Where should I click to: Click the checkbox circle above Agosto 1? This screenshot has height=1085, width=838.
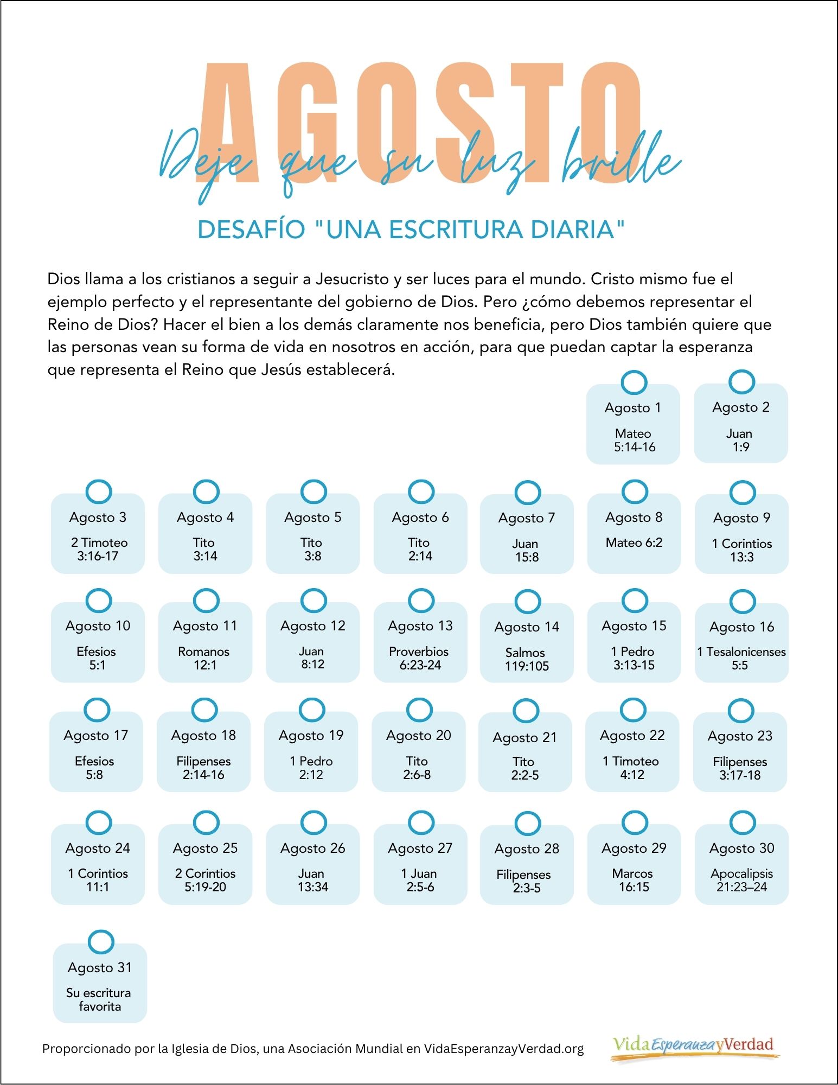pos(634,382)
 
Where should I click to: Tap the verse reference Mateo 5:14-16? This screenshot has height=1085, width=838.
pos(634,441)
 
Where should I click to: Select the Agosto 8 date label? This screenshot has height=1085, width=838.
pos(634,518)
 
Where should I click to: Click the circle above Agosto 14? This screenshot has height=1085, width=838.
pos(527,602)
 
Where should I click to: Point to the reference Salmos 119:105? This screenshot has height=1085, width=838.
pos(526,659)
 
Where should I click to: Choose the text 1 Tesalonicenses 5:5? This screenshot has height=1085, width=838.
pos(741,659)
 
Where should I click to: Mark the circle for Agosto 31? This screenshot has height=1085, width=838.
pos(100,942)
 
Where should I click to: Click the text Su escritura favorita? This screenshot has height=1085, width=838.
pos(99,999)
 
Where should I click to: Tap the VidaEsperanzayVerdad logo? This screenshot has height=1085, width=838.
pos(694,1046)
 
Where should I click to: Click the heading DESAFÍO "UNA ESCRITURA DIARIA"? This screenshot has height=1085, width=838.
pos(411,229)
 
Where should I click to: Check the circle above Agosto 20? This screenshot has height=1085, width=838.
pos(419,710)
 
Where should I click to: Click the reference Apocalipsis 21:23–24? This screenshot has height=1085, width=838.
pos(741,880)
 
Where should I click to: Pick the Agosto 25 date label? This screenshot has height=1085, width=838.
pos(205,848)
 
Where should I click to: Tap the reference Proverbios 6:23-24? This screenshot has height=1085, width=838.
pos(419,658)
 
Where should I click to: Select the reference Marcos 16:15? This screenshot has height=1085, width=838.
pos(633,880)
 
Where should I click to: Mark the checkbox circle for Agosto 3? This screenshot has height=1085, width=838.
pos(99,492)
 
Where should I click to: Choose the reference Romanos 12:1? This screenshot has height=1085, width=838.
pos(204,658)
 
